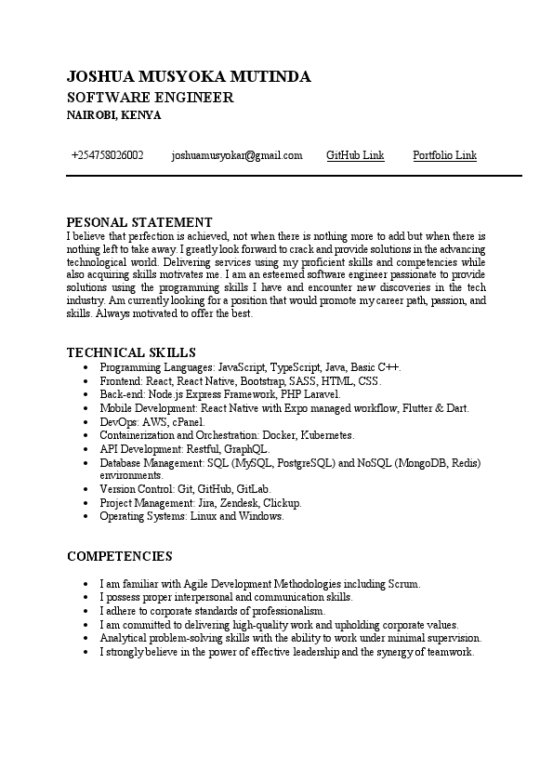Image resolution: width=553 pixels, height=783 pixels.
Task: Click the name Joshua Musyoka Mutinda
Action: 189,77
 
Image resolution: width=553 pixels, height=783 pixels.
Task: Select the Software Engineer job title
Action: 150,98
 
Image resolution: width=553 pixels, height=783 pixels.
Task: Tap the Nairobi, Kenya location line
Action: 113,115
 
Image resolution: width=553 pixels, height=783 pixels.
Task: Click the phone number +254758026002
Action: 107,155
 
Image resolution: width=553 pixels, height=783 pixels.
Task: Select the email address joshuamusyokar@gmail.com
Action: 237,155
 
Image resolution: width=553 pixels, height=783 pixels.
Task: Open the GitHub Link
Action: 355,155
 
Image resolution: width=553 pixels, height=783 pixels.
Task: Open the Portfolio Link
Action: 444,155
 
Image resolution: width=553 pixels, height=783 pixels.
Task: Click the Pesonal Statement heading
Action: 139,222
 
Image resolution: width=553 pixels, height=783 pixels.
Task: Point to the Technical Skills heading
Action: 131,352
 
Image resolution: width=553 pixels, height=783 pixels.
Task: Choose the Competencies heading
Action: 120,556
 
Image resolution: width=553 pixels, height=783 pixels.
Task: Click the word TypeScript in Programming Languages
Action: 296,368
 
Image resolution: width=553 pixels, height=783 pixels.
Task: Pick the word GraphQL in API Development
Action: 246,448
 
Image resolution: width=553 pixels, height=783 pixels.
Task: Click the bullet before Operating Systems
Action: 86,516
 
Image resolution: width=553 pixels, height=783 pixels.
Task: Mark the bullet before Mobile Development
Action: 86,408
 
